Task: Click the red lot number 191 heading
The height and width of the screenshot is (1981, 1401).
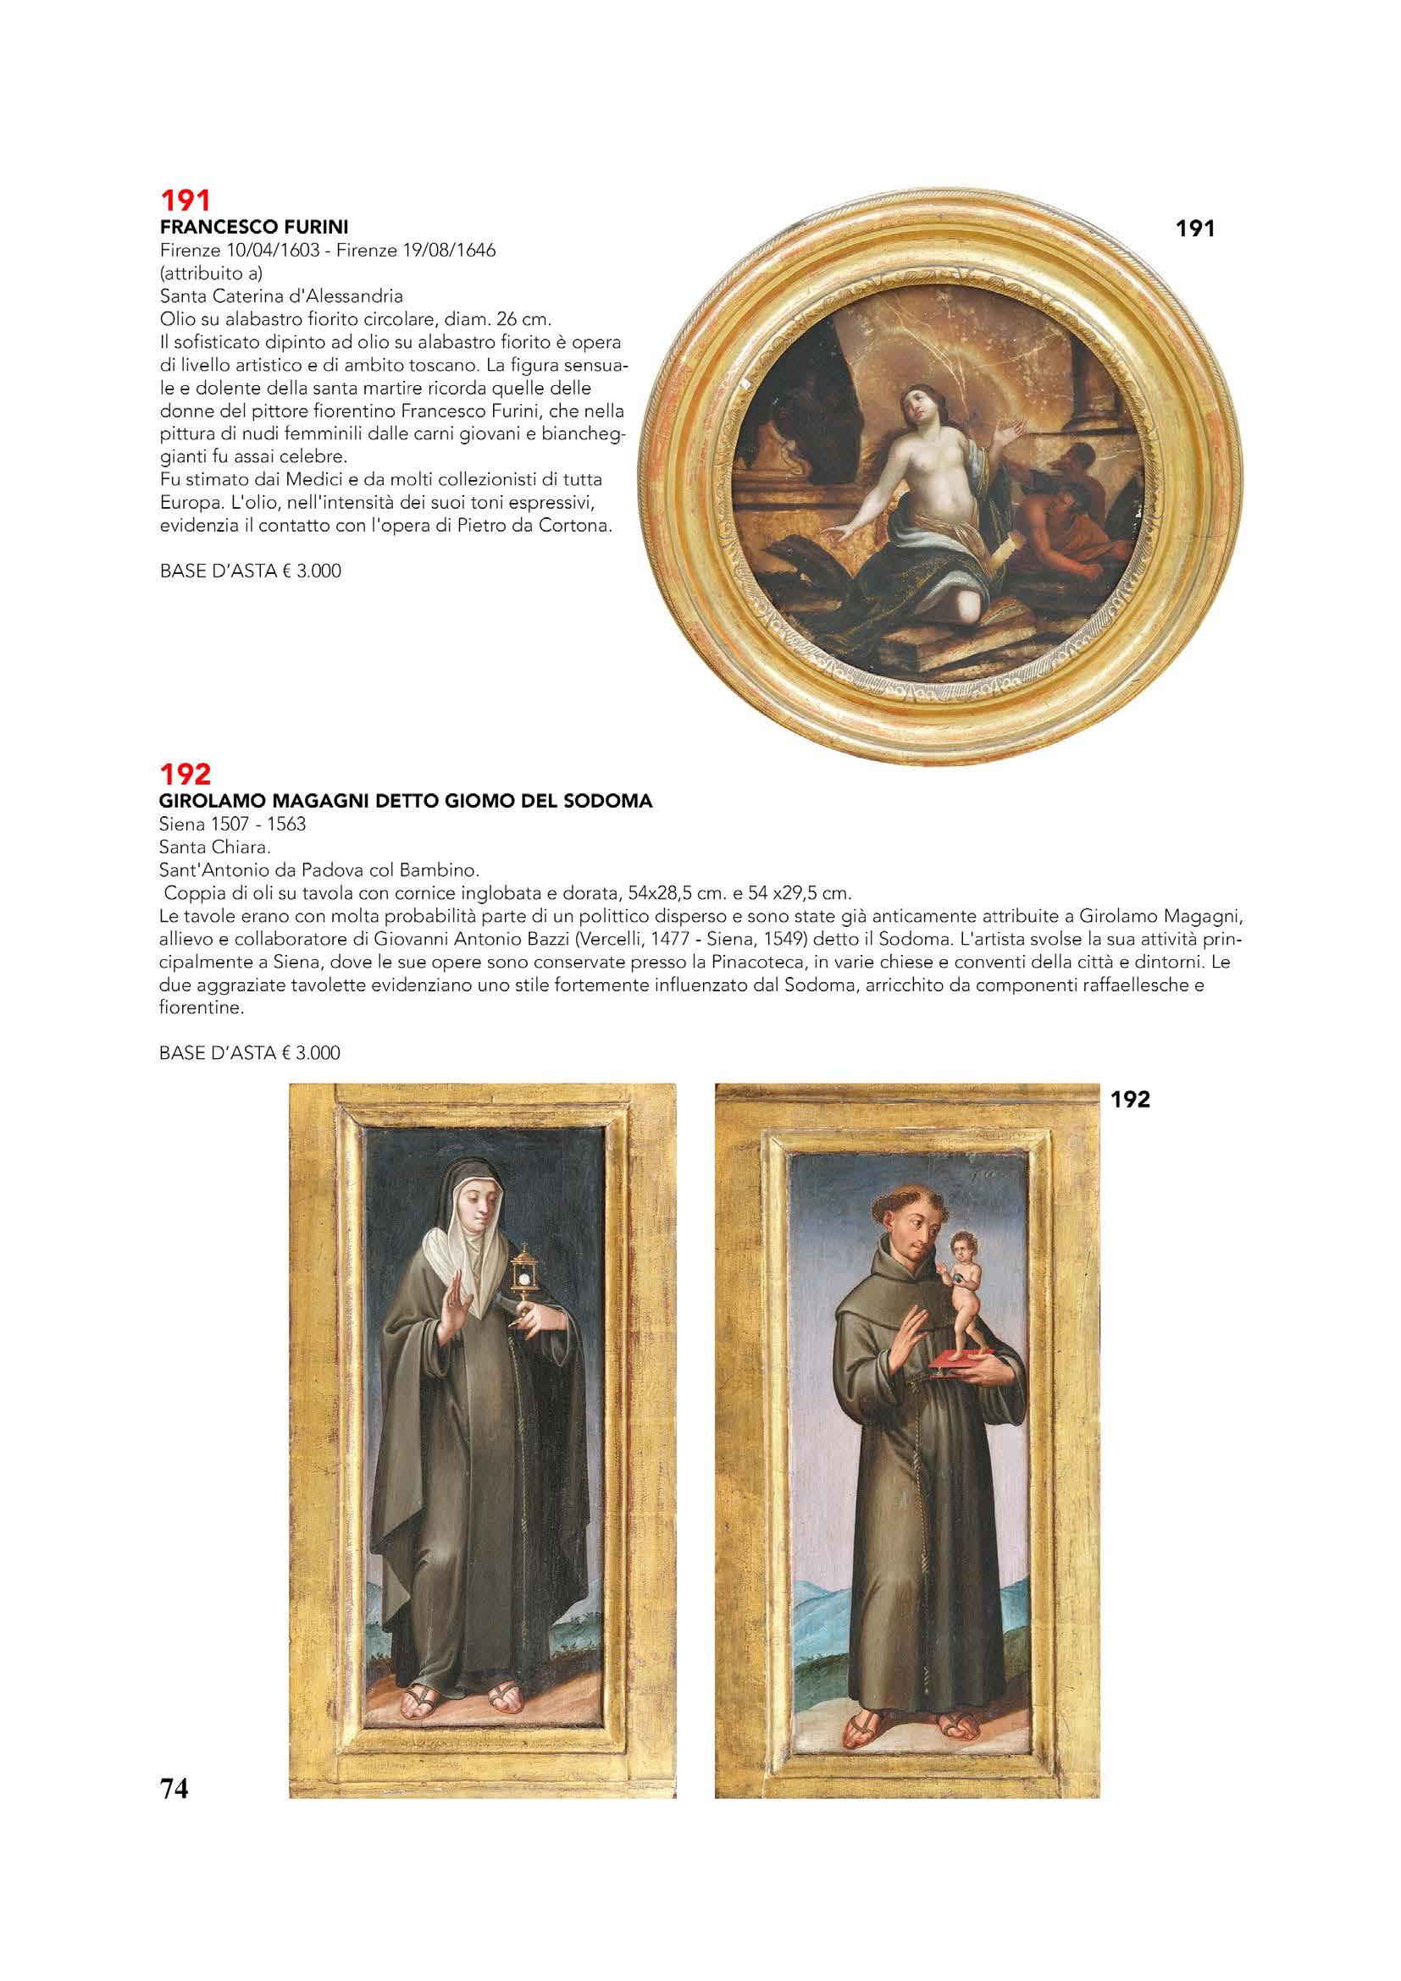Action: click(x=186, y=201)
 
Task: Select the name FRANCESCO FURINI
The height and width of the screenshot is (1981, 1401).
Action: click(x=254, y=228)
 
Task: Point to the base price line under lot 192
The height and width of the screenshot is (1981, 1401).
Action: click(x=251, y=1052)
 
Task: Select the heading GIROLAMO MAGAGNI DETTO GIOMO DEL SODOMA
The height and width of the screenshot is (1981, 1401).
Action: click(x=406, y=802)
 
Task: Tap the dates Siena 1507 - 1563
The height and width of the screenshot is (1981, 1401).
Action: click(x=233, y=824)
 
